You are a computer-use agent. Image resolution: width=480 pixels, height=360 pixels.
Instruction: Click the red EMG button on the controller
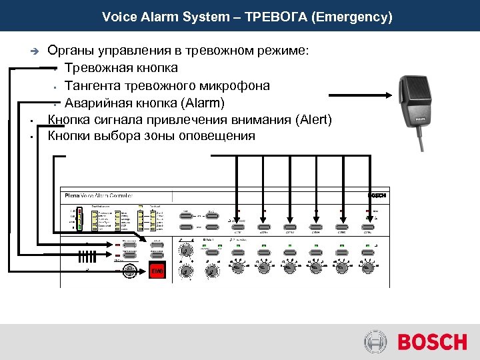pyautogui.click(x=157, y=271)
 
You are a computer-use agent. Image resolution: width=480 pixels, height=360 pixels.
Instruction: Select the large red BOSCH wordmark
pyautogui.click(x=432, y=343)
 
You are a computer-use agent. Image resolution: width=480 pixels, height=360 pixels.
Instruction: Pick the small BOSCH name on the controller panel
pyautogui.click(x=377, y=195)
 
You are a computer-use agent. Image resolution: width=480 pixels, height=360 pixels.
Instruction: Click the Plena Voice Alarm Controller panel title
pyautogui.click(x=99, y=196)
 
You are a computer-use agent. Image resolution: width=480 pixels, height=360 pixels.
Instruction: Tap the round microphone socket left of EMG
pyautogui.click(x=131, y=271)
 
